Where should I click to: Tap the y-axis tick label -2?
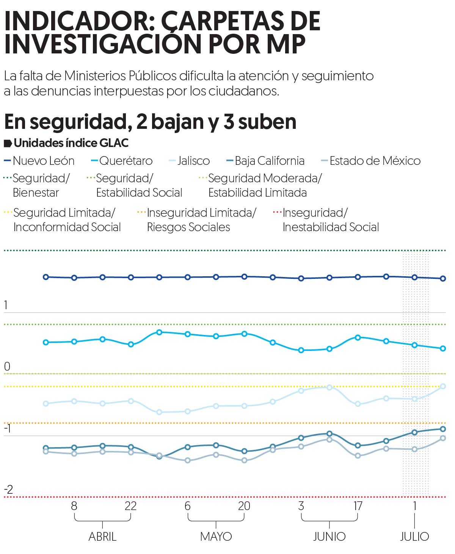(x=8, y=489)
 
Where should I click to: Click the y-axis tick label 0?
(x=7, y=366)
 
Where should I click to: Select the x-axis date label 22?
(x=130, y=506)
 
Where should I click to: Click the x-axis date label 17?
(x=358, y=506)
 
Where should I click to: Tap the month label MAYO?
(x=216, y=537)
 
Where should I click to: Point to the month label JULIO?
(x=414, y=537)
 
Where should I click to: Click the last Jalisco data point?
(x=443, y=386)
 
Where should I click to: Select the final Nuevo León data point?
(x=443, y=279)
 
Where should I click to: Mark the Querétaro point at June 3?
(x=301, y=350)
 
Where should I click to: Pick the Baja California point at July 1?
(x=414, y=432)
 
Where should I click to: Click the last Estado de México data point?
(x=443, y=438)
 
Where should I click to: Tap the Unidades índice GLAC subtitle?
(x=71, y=143)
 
